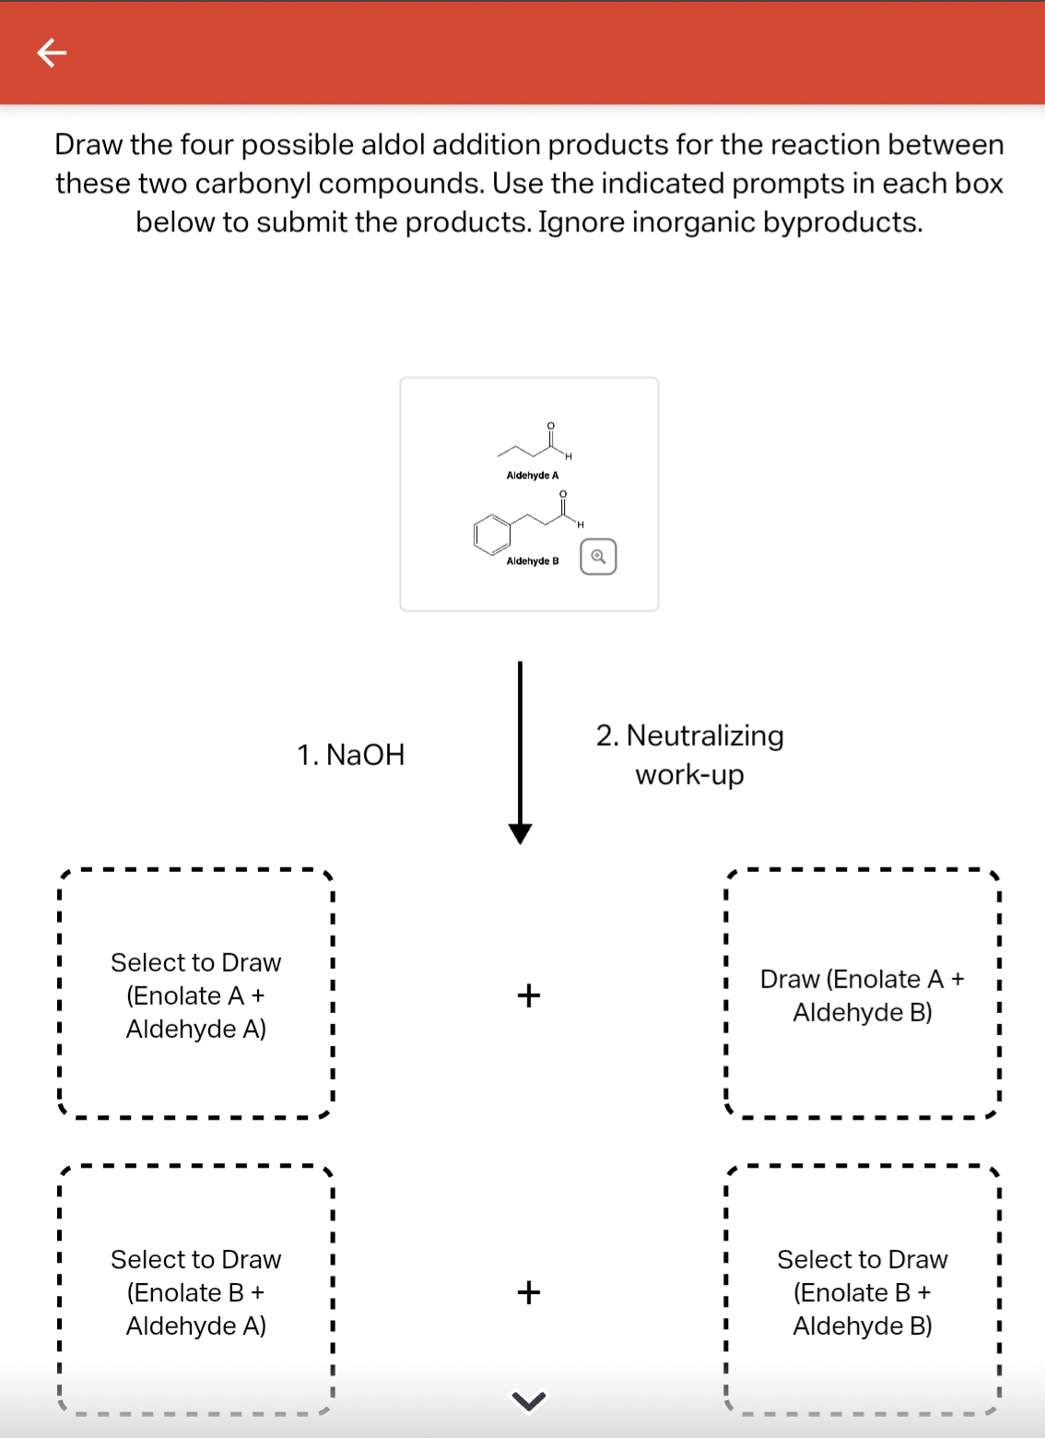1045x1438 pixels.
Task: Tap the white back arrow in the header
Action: click(52, 53)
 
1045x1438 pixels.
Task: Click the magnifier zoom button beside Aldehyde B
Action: click(598, 557)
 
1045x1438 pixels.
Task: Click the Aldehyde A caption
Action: click(532, 476)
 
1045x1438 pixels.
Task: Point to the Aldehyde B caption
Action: click(532, 561)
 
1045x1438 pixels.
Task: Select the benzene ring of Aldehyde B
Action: click(492, 534)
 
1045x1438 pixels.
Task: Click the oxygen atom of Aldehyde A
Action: click(550, 426)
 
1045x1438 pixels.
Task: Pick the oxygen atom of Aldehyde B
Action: click(563, 494)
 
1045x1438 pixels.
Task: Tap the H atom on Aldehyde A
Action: click(569, 456)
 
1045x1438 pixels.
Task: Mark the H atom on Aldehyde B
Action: click(581, 525)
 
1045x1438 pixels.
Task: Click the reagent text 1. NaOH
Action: click(350, 754)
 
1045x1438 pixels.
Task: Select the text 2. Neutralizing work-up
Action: click(689, 755)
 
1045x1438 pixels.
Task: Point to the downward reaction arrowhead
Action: click(520, 834)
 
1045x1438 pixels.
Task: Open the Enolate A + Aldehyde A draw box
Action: click(195, 995)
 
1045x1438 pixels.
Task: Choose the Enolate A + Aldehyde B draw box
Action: click(862, 995)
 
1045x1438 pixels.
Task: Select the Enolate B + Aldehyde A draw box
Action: click(195, 1291)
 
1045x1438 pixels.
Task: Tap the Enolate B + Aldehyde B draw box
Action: click(862, 1291)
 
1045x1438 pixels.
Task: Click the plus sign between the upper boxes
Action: click(529, 996)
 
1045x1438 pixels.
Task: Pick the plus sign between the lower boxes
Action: click(529, 1292)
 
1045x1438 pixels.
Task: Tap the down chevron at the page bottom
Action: click(528, 1400)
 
